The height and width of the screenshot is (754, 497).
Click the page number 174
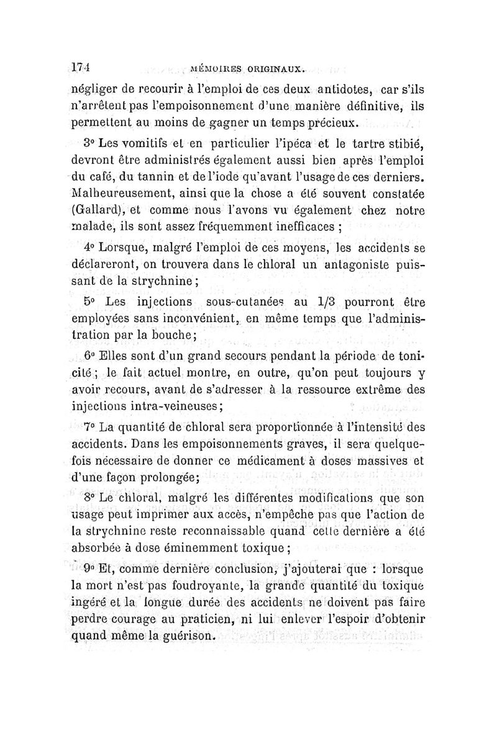coord(81,66)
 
